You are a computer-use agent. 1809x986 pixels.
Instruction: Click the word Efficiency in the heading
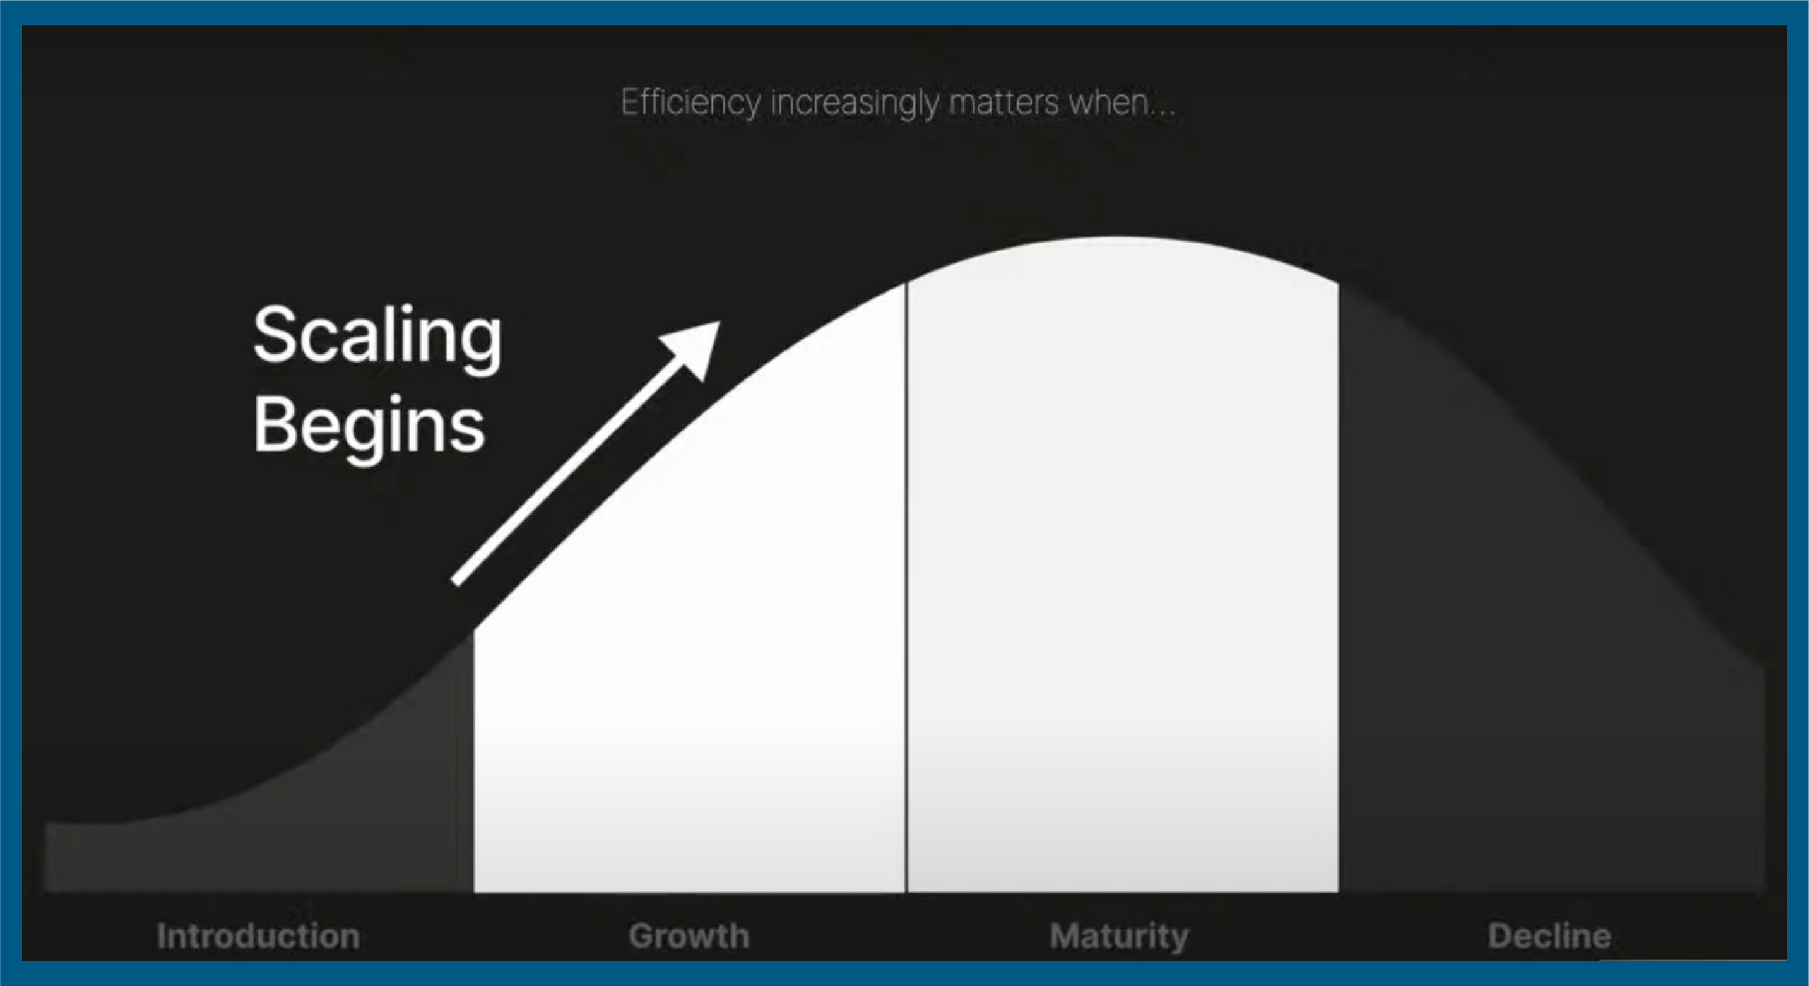690,104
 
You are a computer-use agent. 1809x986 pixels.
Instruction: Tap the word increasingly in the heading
854,104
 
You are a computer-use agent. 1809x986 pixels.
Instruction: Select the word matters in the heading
1004,103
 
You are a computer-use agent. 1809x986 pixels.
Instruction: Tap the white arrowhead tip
720,322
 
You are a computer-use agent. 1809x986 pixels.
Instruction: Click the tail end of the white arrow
456,582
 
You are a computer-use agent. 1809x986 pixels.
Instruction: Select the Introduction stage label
258,936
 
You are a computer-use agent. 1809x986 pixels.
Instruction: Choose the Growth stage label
689,936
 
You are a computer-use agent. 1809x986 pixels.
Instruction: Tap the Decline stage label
1549,936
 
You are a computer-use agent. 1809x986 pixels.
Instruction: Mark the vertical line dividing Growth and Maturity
906,587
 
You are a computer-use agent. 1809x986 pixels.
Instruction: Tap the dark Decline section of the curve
1510,667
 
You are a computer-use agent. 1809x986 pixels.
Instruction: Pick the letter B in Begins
278,423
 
